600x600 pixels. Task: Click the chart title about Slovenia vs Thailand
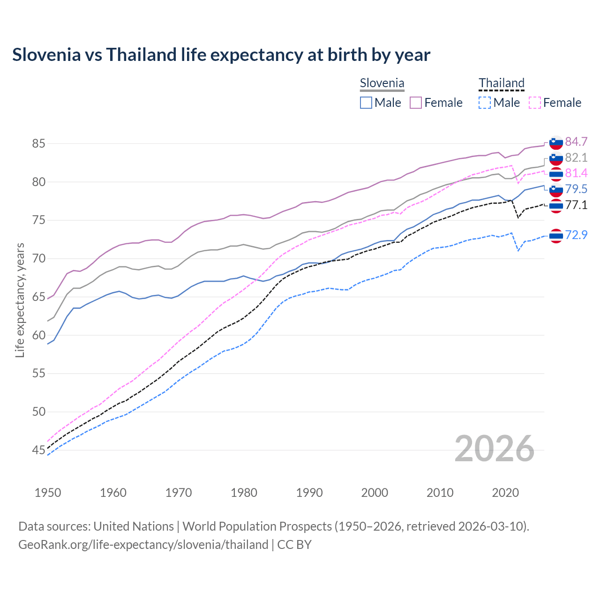point(221,55)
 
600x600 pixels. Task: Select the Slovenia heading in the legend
point(382,83)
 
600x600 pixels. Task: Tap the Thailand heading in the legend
point(501,83)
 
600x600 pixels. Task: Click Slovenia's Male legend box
point(366,103)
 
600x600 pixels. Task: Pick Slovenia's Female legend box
point(416,103)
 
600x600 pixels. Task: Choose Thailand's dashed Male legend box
point(485,103)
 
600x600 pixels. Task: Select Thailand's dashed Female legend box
point(534,103)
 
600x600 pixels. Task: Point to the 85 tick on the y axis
point(38,143)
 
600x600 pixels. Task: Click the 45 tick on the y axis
point(38,450)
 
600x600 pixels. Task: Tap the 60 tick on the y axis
point(38,335)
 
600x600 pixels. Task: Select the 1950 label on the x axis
point(48,493)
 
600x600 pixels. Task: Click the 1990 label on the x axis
point(309,493)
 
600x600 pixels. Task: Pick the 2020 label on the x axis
point(505,493)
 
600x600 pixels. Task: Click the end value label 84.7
point(576,142)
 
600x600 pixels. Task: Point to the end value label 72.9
point(576,235)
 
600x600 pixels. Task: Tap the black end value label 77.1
point(576,205)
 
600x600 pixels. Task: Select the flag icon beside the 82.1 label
point(556,158)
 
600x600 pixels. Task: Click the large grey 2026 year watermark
point(495,449)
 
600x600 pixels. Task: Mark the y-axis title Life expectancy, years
point(20,300)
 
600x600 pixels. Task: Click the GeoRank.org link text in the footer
point(143,545)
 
